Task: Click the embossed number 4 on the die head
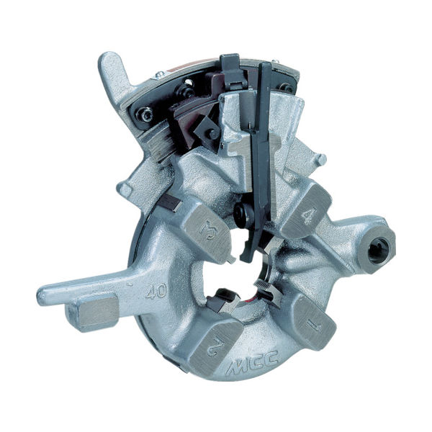tap(308, 217)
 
